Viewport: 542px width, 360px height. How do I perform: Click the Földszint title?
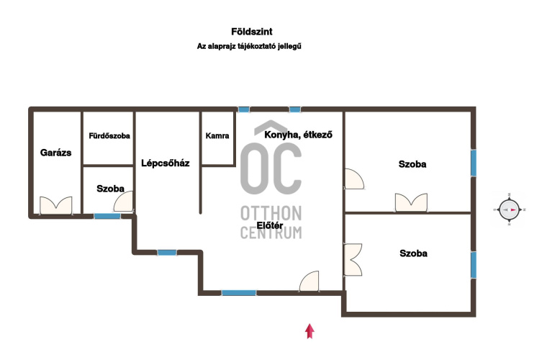coord(252,32)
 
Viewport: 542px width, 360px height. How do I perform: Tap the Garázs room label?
coord(55,153)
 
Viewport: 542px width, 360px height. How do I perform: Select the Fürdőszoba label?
coord(109,136)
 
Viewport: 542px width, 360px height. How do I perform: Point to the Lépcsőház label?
coord(166,163)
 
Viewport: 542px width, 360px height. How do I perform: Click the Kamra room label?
coord(217,135)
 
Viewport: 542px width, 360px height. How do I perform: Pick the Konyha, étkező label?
coord(298,135)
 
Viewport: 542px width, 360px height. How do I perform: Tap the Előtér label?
coord(270,225)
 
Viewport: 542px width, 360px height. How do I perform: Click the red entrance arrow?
coord(310,331)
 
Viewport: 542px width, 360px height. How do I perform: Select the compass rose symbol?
coord(509,210)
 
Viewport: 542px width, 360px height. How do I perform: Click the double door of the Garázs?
coord(56,206)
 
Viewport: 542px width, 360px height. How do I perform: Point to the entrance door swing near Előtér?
coord(309,281)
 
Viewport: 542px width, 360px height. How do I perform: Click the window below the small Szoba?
coord(107,216)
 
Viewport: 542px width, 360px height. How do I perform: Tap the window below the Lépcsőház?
coord(167,253)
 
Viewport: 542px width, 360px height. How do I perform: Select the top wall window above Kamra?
coord(244,109)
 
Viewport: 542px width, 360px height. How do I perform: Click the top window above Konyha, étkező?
coord(295,109)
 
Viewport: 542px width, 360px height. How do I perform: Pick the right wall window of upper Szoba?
coord(474,163)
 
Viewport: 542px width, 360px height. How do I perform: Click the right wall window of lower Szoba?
coord(474,264)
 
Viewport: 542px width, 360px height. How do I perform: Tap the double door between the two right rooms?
coord(411,202)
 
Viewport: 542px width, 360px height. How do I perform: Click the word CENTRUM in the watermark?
coord(271,233)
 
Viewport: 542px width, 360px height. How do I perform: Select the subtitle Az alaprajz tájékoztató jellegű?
coord(249,46)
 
